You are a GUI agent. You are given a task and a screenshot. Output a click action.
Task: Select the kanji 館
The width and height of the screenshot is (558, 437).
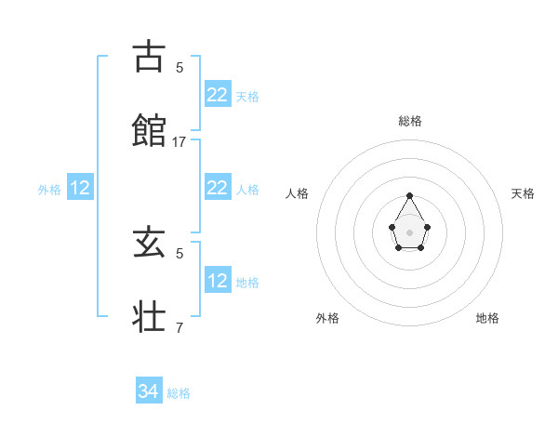coord(150,128)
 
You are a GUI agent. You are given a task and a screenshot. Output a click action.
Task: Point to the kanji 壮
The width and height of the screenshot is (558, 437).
coord(150,315)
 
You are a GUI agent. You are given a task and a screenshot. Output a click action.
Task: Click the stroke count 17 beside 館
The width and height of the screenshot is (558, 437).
coord(179,142)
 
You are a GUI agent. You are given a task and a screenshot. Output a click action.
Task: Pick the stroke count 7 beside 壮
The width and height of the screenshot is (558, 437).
coord(179,327)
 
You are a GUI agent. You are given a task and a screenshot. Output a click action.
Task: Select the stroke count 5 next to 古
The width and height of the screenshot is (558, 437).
coord(179,67)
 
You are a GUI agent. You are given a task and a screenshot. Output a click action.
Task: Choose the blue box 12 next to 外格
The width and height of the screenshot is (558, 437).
coord(80,189)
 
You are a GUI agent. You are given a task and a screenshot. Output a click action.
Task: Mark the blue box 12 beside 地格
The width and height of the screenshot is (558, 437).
coord(218,281)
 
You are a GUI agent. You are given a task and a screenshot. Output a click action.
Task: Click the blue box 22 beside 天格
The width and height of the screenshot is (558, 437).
coord(218,95)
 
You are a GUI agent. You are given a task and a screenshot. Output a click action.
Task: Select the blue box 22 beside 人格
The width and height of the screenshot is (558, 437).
coord(218,188)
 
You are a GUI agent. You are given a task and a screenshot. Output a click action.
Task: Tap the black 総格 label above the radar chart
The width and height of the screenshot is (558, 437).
coord(410,121)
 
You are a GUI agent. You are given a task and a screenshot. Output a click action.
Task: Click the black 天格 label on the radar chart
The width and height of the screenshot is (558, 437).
coord(524,193)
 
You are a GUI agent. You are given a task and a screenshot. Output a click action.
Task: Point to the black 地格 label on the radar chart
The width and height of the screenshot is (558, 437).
coord(487,318)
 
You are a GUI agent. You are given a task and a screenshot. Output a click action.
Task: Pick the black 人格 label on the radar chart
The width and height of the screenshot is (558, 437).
coord(298,193)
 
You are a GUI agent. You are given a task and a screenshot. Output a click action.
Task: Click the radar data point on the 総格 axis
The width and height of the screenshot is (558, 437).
coord(410,195)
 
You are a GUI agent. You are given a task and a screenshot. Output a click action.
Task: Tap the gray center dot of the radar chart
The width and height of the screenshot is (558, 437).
coord(410,232)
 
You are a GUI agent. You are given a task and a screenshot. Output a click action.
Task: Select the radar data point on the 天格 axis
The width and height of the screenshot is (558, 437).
coord(427,226)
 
